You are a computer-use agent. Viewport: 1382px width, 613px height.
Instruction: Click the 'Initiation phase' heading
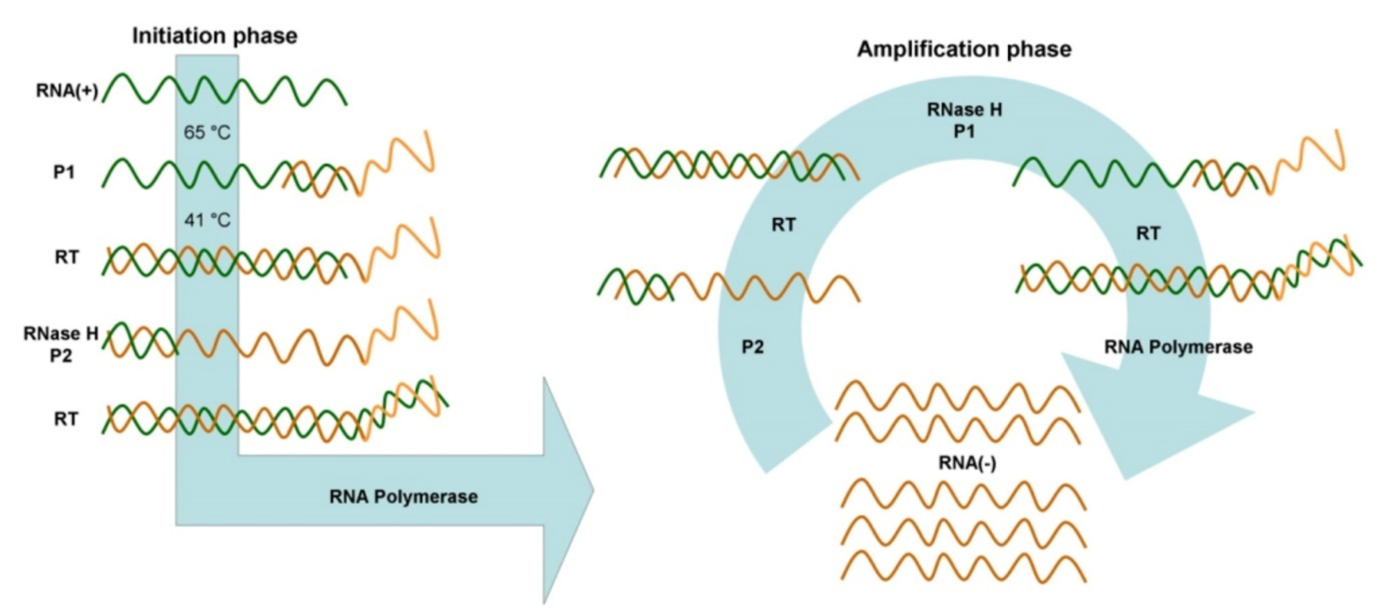coord(215,36)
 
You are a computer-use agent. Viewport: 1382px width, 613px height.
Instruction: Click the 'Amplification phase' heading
coord(964,49)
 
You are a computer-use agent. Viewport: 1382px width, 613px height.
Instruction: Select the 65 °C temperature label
coord(207,132)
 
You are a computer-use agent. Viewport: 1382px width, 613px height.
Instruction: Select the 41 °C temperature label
coord(207,220)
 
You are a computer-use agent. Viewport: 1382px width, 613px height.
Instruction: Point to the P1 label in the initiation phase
coord(64,173)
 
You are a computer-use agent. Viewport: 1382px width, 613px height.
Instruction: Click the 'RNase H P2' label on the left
coord(61,344)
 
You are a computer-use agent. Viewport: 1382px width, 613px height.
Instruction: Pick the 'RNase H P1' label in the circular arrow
coord(964,120)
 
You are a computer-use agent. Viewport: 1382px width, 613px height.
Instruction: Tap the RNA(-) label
coord(967,463)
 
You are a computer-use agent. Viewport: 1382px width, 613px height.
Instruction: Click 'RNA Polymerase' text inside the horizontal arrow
coord(403,497)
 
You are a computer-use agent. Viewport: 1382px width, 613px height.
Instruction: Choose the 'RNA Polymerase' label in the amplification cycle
coord(1178,347)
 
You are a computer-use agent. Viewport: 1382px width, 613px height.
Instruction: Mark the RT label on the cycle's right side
coord(1148,233)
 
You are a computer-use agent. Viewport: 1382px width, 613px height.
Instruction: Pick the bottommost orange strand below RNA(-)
coord(963,566)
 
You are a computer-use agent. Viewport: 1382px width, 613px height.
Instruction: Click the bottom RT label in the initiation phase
coord(65,419)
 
